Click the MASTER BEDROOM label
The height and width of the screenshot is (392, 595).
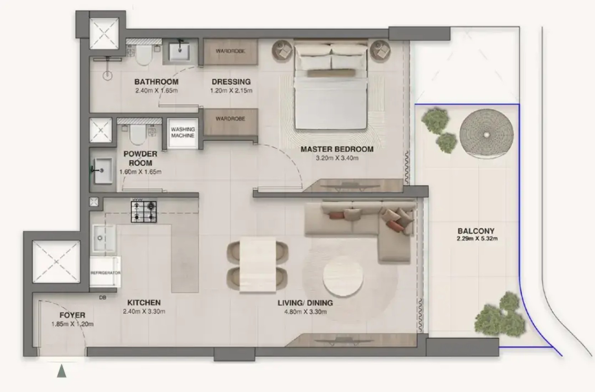pyautogui.click(x=337, y=149)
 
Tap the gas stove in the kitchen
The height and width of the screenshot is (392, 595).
pyautogui.click(x=144, y=212)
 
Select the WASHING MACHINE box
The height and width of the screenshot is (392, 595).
pyautogui.click(x=183, y=133)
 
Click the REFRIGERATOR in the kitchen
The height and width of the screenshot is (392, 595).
pyautogui.click(x=105, y=272)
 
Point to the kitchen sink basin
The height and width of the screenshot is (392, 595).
pyautogui.click(x=104, y=238)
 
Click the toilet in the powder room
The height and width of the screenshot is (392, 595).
pyautogui.click(x=138, y=134)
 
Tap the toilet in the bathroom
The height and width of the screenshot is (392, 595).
pyautogui.click(x=143, y=55)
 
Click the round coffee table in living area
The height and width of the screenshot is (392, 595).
pyautogui.click(x=343, y=276)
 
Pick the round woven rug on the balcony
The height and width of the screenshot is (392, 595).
pyautogui.click(x=486, y=134)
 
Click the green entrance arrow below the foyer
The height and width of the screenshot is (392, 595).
pyautogui.click(x=62, y=371)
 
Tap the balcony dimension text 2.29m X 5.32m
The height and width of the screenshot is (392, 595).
pyautogui.click(x=477, y=238)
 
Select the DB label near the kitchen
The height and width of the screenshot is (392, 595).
pyautogui.click(x=103, y=298)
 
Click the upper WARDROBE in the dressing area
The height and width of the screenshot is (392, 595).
pyautogui.click(x=230, y=51)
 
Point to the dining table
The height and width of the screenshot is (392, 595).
pyautogui.click(x=258, y=265)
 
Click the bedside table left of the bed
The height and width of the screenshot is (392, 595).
pyautogui.click(x=283, y=51)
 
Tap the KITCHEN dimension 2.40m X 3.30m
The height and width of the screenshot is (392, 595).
pyautogui.click(x=144, y=311)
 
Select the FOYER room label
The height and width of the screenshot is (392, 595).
pyautogui.click(x=72, y=315)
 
